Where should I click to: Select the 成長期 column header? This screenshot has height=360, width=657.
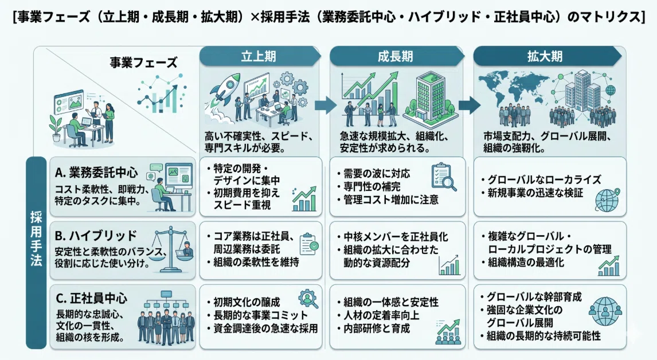tap(396, 56)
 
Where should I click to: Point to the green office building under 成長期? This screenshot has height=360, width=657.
tap(429, 100)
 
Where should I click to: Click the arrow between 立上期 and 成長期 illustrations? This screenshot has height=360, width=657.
tap(326, 105)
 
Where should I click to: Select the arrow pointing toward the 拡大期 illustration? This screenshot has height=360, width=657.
tap(470, 105)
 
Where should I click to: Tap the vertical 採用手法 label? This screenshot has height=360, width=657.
tap(36, 238)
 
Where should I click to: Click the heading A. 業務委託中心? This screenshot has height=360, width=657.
tap(96, 172)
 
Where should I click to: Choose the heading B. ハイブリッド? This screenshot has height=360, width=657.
tap(96, 236)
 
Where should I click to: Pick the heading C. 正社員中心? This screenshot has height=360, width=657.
tap(91, 299)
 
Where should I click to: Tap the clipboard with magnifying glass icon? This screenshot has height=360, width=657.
tap(444, 177)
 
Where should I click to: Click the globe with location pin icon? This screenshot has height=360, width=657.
tap(607, 199)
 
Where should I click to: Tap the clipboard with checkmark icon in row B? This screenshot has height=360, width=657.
tap(309, 244)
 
